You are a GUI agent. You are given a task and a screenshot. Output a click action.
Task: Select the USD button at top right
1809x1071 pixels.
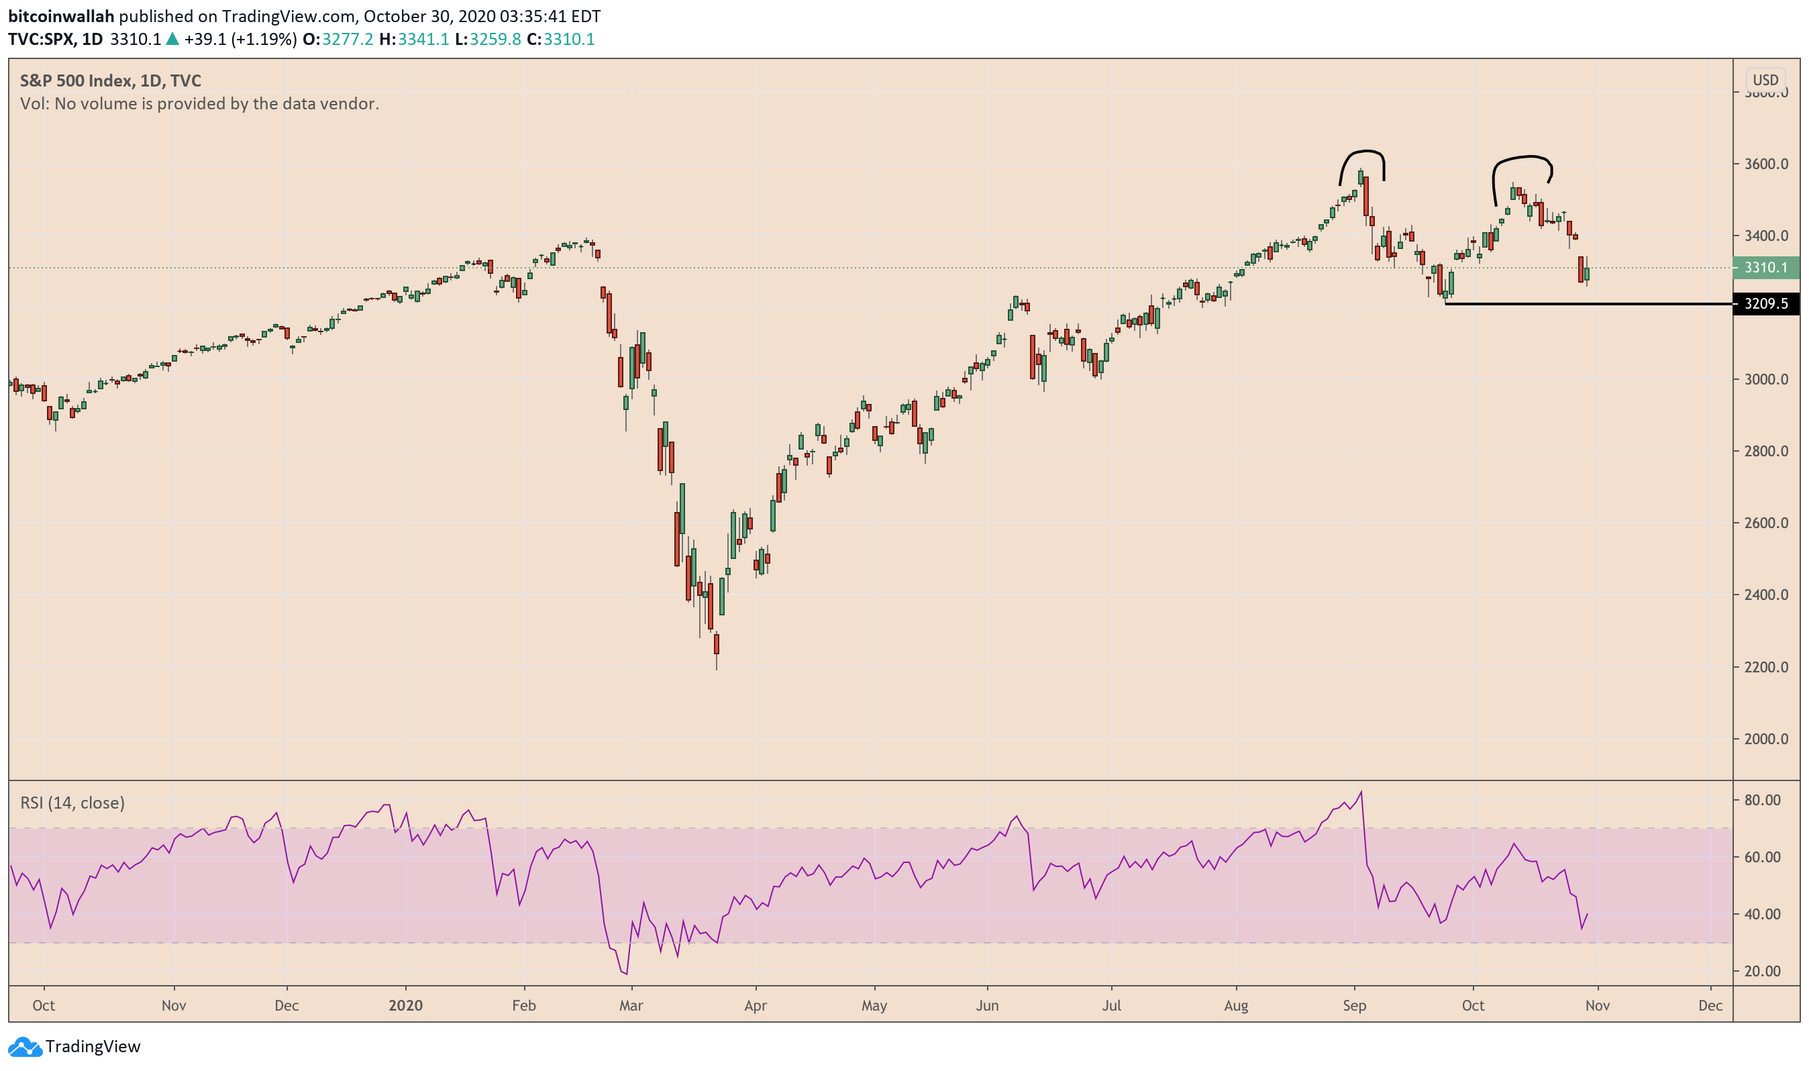pyautogui.click(x=1764, y=80)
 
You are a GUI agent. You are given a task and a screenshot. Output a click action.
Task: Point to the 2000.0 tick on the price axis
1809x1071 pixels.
pyautogui.click(x=1765, y=739)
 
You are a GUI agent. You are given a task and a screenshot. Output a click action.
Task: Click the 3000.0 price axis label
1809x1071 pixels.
pyautogui.click(x=1765, y=380)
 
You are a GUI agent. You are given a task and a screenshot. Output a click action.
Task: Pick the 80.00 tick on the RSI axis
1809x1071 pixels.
pyautogui.click(x=1761, y=800)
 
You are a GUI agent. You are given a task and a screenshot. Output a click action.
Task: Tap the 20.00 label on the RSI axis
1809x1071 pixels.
pyautogui.click(x=1761, y=972)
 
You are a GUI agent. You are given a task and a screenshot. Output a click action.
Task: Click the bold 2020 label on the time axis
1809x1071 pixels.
pyautogui.click(x=405, y=1005)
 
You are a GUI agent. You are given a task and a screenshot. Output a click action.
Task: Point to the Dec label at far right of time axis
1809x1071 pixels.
pyautogui.click(x=1710, y=1005)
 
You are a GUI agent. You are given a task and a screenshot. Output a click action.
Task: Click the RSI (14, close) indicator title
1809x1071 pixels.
pyautogui.click(x=72, y=803)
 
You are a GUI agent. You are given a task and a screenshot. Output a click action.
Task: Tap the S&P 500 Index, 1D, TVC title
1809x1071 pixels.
pyautogui.click(x=111, y=81)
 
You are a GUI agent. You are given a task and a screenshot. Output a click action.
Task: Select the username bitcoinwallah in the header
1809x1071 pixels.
pyautogui.click(x=61, y=16)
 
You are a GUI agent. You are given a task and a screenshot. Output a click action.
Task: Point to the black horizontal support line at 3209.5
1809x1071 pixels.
pyautogui.click(x=1588, y=304)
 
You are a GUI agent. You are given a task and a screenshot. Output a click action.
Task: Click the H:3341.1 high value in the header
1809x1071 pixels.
pyautogui.click(x=413, y=39)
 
